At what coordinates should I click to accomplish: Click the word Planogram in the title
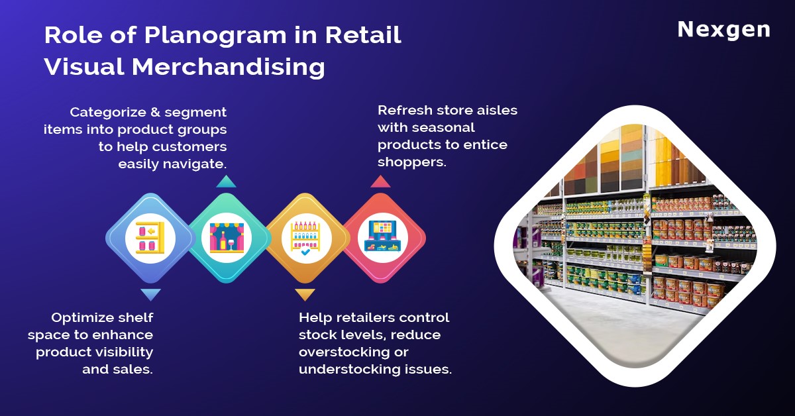215,36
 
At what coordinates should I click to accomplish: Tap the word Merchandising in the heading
228,67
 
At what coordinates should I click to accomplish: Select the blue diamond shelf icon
150,238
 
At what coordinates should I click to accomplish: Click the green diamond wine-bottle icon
227,238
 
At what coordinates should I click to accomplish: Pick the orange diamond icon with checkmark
306,238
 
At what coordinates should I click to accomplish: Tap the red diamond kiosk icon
383,238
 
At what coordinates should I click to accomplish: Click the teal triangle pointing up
226,182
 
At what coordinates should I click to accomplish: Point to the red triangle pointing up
380,182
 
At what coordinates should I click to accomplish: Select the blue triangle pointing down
150,295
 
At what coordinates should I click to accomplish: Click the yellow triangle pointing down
305,295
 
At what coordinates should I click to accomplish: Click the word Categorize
108,113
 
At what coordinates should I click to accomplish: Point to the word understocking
349,370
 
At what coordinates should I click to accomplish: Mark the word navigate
195,164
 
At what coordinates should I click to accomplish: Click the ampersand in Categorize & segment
155,112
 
